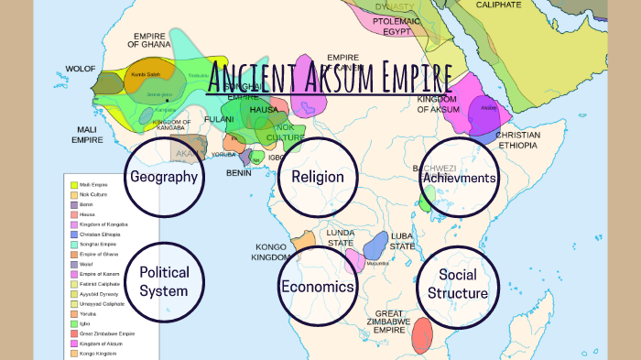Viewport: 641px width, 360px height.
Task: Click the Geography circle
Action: point(165,177)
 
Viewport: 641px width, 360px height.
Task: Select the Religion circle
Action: point(317,177)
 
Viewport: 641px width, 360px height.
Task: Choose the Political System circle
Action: point(165,281)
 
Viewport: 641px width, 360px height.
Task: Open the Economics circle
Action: point(317,287)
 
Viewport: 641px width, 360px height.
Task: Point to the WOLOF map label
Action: point(80,70)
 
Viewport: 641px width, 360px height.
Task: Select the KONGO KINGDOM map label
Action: point(272,252)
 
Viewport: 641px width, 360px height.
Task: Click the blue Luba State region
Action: point(375,246)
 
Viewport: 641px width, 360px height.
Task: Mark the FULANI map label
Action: point(219,118)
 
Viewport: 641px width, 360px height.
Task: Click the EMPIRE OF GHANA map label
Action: point(149,38)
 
